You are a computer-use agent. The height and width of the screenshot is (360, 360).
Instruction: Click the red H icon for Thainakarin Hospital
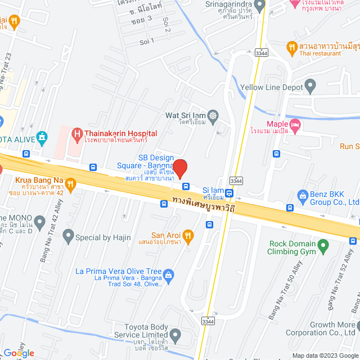(x=76, y=134)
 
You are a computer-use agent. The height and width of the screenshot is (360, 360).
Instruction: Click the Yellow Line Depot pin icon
(x=310, y=87)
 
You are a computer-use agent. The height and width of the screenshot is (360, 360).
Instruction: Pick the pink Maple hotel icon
(x=295, y=124)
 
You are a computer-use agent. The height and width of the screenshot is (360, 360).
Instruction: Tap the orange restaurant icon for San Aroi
(x=188, y=236)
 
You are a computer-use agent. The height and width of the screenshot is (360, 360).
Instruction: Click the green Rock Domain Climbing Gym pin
(x=322, y=245)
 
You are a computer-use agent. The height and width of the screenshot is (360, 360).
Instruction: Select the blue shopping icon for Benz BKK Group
(x=301, y=195)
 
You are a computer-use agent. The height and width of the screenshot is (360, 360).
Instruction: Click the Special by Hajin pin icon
(x=68, y=235)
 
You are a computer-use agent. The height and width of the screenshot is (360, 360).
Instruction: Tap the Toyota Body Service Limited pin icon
(x=175, y=336)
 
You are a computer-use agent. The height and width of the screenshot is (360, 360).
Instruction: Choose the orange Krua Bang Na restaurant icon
(x=70, y=183)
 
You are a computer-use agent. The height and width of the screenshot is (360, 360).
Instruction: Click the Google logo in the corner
(x=19, y=353)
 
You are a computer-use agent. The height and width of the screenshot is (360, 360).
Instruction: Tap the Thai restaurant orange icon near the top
(x=291, y=47)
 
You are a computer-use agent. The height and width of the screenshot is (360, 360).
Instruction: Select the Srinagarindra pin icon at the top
(x=259, y=6)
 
